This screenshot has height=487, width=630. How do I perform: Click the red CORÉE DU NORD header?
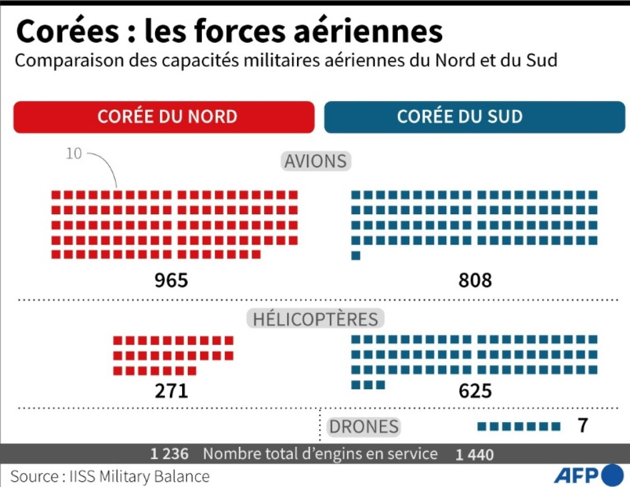pos(164,116)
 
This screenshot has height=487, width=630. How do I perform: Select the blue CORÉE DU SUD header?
pos(474,116)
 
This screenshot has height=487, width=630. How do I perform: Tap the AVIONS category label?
pos(316,161)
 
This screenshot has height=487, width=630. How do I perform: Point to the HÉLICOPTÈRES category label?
pos(316,318)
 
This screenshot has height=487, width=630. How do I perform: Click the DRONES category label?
pos(364,426)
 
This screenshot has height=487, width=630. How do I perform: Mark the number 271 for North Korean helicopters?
pos(171,391)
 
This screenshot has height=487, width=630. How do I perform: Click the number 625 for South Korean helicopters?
pos(475,391)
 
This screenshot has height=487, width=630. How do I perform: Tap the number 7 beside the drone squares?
pos(583,426)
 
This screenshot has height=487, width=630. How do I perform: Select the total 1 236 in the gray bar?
pos(169,454)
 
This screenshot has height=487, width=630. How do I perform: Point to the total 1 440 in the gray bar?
pos(474,455)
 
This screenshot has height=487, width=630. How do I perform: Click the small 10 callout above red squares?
pos(74,154)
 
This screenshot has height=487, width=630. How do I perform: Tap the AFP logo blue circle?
pos(612,475)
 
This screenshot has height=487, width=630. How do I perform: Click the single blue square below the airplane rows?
pos(356,255)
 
